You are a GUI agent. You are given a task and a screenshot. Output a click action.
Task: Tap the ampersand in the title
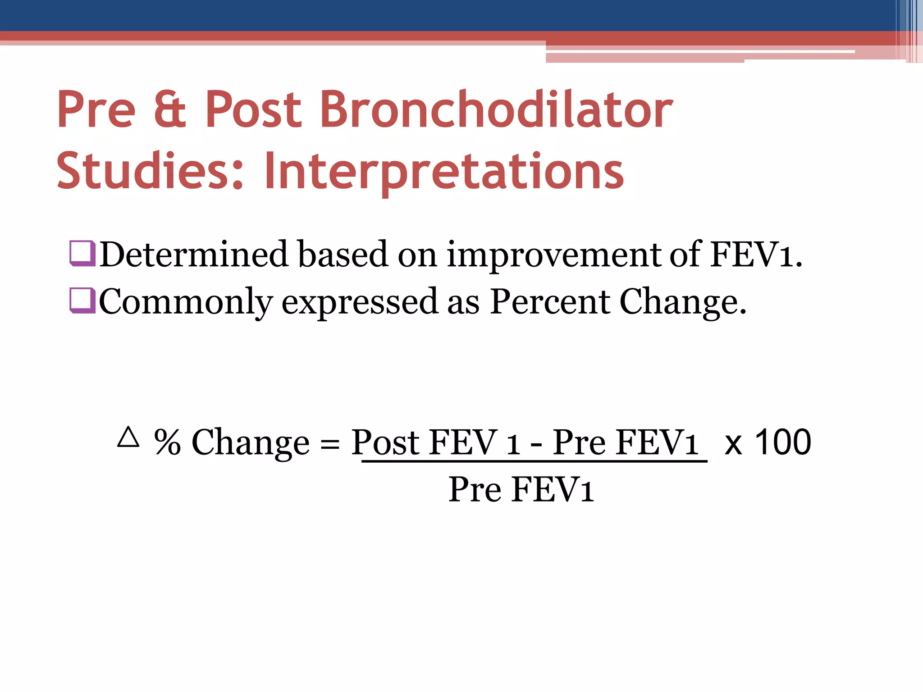coord(169,109)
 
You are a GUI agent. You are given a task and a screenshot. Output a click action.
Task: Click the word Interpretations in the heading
coord(444,171)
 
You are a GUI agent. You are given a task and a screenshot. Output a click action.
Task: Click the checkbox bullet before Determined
coord(82,254)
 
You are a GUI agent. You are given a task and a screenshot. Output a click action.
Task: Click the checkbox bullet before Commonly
coord(82,300)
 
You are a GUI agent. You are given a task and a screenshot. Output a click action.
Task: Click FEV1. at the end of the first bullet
coord(756,254)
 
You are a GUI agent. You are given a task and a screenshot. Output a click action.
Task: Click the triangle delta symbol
coord(128,437)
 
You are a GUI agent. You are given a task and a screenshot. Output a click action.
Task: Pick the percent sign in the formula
coord(167,442)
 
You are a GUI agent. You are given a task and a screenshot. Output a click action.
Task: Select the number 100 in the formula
coord(783,442)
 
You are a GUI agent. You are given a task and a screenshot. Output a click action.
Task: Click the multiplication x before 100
coord(733,444)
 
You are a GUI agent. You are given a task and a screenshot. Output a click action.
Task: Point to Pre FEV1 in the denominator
coord(521,489)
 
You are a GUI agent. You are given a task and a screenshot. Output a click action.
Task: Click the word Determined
coord(193,254)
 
